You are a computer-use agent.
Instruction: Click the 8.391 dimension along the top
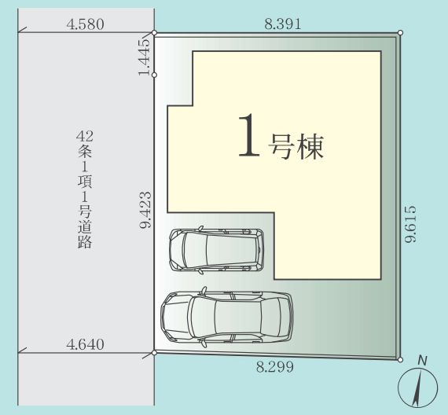click(283, 24)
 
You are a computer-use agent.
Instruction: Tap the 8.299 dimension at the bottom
click(275, 366)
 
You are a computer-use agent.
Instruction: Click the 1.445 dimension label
click(144, 56)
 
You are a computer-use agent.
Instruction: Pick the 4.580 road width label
click(86, 24)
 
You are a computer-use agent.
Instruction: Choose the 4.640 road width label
click(86, 344)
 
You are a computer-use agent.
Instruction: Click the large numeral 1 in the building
click(248, 137)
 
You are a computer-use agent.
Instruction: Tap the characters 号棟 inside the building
click(296, 145)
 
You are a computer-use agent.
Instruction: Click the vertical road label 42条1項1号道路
click(86, 189)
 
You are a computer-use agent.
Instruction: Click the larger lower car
click(226, 317)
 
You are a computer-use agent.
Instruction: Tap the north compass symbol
click(417, 387)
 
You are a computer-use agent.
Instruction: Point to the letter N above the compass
click(422, 361)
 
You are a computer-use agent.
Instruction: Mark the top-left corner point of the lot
click(154, 34)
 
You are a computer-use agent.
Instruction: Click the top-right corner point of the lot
click(400, 33)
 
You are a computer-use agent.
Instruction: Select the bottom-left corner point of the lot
click(154, 352)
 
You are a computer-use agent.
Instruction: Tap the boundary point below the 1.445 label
click(154, 75)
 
